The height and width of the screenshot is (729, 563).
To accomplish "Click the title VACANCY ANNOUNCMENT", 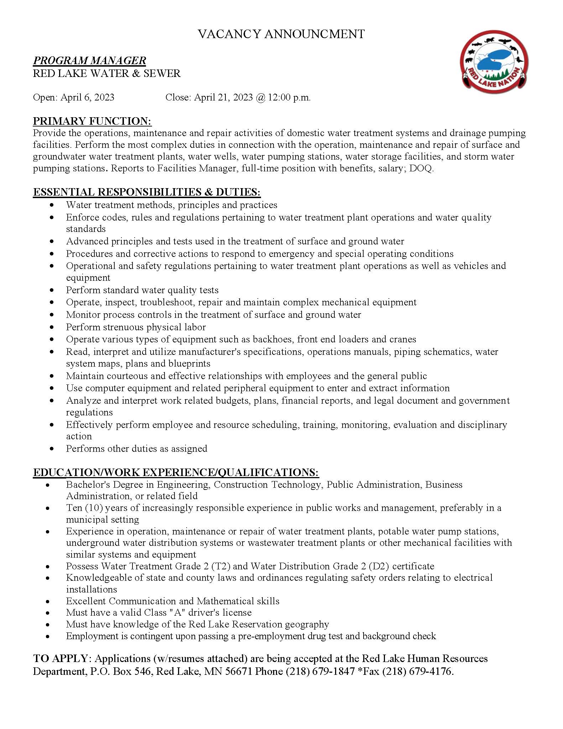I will tap(281, 34).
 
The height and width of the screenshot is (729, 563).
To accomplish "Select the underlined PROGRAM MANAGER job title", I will tap(89, 61).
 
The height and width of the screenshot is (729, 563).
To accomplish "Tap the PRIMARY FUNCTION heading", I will tap(92, 121).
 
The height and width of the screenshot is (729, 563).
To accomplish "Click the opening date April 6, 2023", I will tap(87, 97).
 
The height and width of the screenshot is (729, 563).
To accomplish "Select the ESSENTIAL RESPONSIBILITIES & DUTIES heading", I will tap(147, 192).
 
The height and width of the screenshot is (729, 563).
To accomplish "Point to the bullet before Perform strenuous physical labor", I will tap(52, 327).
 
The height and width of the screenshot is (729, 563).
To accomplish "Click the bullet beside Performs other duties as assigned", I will tap(52, 449).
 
